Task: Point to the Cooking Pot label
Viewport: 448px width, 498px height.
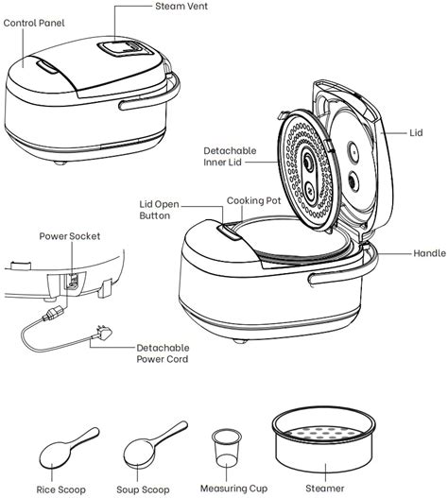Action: (252, 201)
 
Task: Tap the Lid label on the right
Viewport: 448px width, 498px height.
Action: (417, 133)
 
